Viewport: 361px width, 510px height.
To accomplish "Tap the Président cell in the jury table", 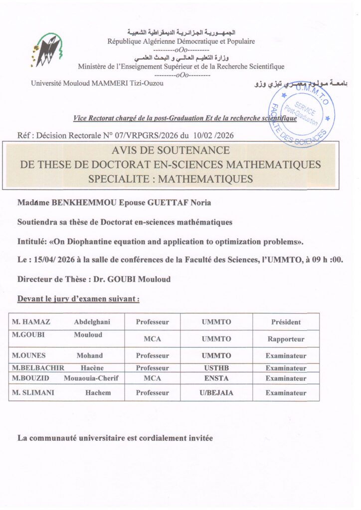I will coord(286,322).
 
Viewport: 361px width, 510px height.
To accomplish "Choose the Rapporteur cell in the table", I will coord(286,339).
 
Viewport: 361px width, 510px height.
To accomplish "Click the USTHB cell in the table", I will coord(216,368).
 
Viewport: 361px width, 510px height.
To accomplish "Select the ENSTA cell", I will coord(216,379).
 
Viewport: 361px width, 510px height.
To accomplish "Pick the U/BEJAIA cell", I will coord(216,393).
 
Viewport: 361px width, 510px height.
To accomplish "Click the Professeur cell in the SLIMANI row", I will coord(152,393).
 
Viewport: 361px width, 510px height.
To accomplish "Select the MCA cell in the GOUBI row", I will coord(152,339).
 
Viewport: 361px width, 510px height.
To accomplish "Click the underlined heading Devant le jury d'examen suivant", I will coord(78,299).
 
